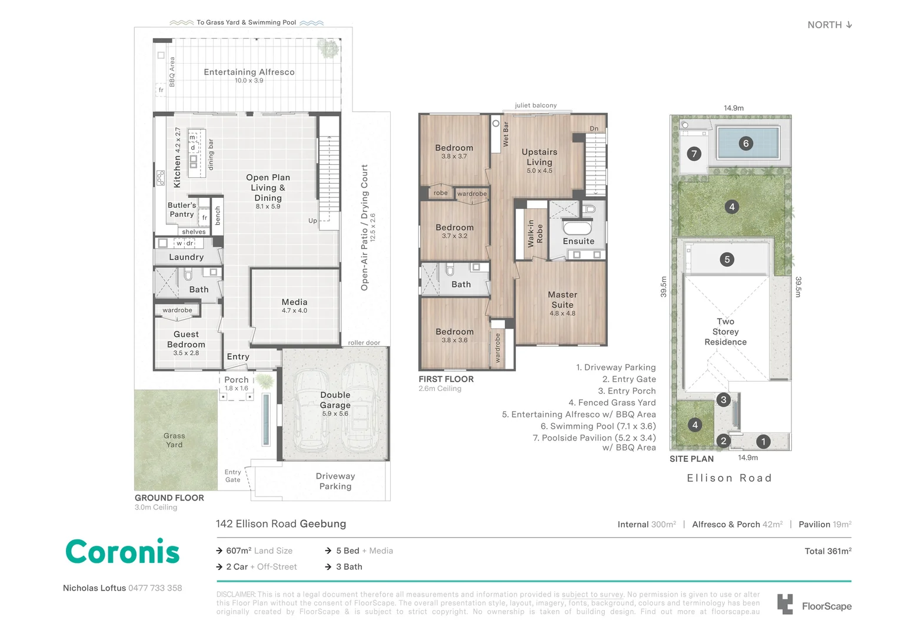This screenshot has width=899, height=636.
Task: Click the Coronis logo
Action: [x=122, y=552]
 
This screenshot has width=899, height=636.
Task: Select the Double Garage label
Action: [x=335, y=400]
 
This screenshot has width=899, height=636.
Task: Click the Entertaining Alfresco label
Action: [x=249, y=72]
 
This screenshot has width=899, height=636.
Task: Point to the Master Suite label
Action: [x=562, y=300]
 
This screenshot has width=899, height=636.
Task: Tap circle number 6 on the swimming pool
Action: [x=745, y=143]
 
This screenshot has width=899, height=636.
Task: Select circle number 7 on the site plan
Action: [x=694, y=154]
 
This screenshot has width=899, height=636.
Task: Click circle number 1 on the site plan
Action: [x=763, y=441]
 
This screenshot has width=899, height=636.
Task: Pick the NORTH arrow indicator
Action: [x=848, y=25]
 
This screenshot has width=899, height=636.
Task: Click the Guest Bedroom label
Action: [x=186, y=340]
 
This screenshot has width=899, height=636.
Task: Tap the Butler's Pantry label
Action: [x=182, y=210]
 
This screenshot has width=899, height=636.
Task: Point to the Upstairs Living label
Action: [x=539, y=157]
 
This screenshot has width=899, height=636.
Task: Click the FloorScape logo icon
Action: [x=785, y=604]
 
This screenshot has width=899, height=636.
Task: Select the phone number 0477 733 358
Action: [x=155, y=588]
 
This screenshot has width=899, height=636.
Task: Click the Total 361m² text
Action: [x=828, y=551]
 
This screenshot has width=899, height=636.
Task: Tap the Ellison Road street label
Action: [x=729, y=478]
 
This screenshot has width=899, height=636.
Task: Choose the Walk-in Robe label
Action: [x=535, y=234]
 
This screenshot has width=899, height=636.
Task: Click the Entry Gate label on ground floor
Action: [x=233, y=476]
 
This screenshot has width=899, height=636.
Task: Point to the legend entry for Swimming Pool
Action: [x=598, y=426]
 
